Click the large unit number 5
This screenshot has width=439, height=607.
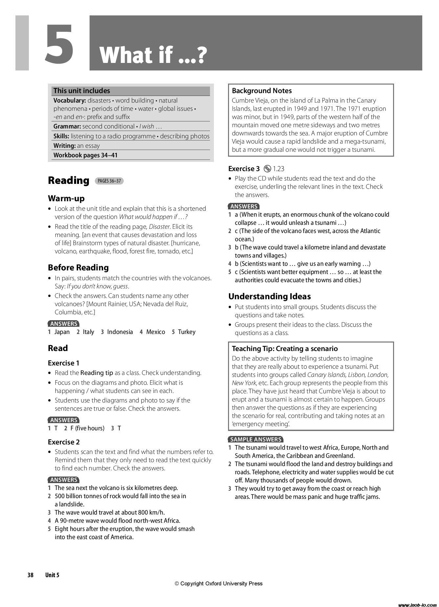pyautogui.click(x=59, y=44)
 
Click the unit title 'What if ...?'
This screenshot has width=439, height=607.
pyautogui.click(x=153, y=55)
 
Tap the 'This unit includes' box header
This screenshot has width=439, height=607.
pyautogui.click(x=82, y=91)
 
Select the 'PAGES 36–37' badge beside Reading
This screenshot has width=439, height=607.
pyautogui.click(x=109, y=181)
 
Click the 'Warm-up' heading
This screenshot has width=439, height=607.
pyautogui.click(x=66, y=198)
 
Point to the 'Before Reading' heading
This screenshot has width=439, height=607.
pyautogui.click(x=78, y=267)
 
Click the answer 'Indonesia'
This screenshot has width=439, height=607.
pyautogui.click(x=120, y=332)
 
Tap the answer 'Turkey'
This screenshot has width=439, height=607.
pyautogui.click(x=186, y=332)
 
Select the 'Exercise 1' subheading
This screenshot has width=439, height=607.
pyautogui.click(x=64, y=363)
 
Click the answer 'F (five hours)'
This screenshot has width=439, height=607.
pyautogui.click(x=87, y=428)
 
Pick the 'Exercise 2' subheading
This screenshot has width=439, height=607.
pyautogui.click(x=64, y=442)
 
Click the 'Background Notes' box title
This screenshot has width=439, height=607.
pyautogui.click(x=261, y=91)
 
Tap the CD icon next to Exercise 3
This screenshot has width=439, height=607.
pyautogui.click(x=267, y=169)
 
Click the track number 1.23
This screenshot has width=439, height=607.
pyautogui.click(x=279, y=169)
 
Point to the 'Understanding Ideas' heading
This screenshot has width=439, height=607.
pyautogui.click(x=269, y=296)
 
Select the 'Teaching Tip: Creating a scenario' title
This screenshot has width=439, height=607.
pyautogui.click(x=284, y=348)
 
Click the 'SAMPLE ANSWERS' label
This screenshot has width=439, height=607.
pyautogui.click(x=256, y=439)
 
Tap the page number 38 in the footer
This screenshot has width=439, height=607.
pyautogui.click(x=31, y=575)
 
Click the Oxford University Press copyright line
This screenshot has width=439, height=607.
pyautogui.click(x=219, y=583)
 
